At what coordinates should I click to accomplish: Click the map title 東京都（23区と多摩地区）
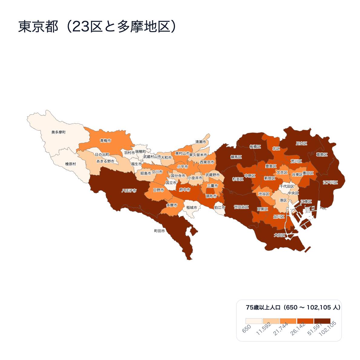[x=97, y=27]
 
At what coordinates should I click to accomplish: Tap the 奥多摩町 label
[x=58, y=132]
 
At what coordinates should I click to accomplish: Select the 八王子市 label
[x=129, y=191]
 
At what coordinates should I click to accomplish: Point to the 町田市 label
[x=160, y=231]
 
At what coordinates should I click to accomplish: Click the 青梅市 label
[x=105, y=141]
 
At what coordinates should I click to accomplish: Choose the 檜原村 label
[x=71, y=164]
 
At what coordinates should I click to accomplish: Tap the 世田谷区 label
[x=241, y=207]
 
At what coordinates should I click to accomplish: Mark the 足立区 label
[x=302, y=143]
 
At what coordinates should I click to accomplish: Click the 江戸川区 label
[x=330, y=183]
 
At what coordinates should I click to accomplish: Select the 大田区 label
[x=279, y=235]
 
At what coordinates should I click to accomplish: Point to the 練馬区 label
[x=236, y=157]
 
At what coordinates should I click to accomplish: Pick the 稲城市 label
[x=192, y=207]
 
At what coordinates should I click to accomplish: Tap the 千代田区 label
[x=287, y=187]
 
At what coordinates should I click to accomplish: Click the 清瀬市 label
[x=200, y=142]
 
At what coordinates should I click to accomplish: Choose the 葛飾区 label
[x=322, y=154]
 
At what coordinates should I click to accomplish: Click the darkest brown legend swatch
[x=322, y=321]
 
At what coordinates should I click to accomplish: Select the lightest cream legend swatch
[x=254, y=321]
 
